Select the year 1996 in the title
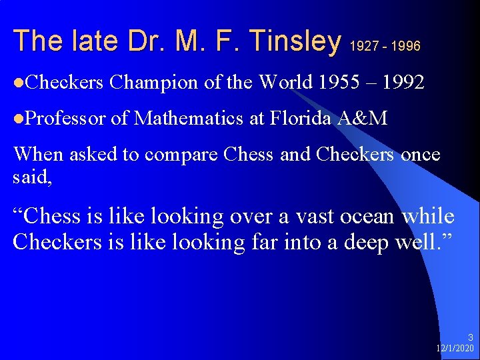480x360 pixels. [406, 46]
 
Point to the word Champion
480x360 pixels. [154, 83]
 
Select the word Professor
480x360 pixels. [65, 119]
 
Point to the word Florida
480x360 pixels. [301, 119]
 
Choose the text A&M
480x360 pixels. [363, 119]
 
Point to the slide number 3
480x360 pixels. [471, 338]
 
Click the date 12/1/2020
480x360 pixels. [455, 348]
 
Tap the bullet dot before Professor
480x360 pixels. [17, 119]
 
